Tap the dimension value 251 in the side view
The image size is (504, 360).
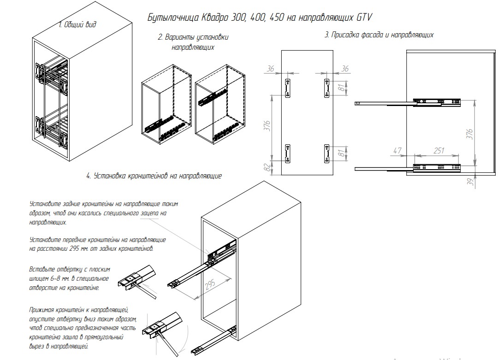pyautogui.click(x=439, y=150)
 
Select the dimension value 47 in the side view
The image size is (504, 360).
pyautogui.click(x=397, y=150)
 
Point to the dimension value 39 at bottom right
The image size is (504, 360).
pyautogui.click(x=471, y=182)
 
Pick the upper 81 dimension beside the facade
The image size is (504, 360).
pyautogui.click(x=342, y=88)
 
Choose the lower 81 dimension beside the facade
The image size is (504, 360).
pyautogui.click(x=342, y=153)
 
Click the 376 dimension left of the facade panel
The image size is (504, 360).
pyautogui.click(x=267, y=126)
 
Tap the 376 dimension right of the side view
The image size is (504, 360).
pyautogui.click(x=469, y=134)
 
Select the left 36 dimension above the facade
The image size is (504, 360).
pyautogui.click(x=270, y=69)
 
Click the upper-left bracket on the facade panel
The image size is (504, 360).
pyautogui.click(x=288, y=88)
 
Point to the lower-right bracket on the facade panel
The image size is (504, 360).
pyautogui.click(x=326, y=153)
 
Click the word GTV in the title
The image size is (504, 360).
pyautogui.click(x=364, y=17)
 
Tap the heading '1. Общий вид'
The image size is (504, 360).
pyautogui.click(x=77, y=24)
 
